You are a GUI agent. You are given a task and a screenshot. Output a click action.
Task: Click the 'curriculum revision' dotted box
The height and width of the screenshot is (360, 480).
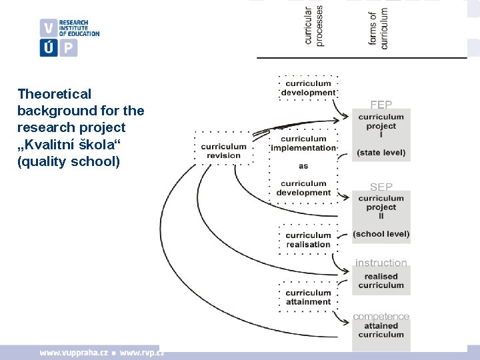pyautogui.click(x=224, y=151)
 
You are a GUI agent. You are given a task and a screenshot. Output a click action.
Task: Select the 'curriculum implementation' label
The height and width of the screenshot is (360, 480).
pyautogui.click(x=303, y=143)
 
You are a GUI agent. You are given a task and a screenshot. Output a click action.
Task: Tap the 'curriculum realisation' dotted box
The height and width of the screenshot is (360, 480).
pyautogui.click(x=308, y=239)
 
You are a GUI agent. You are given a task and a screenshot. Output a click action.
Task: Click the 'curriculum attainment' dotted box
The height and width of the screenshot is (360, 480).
pyautogui.click(x=308, y=297)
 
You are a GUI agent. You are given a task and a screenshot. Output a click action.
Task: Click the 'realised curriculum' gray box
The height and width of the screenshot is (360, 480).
pyautogui.click(x=381, y=281)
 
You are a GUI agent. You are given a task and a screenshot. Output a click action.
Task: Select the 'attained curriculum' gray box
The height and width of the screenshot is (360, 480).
pyautogui.click(x=381, y=330)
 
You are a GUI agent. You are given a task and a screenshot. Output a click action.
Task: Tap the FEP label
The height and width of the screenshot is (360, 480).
pyautogui.click(x=381, y=105)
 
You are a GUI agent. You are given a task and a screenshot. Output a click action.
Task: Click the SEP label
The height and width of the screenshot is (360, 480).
pyautogui.click(x=381, y=187)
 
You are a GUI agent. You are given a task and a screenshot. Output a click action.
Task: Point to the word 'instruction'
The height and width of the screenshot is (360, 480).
pyautogui.click(x=381, y=263)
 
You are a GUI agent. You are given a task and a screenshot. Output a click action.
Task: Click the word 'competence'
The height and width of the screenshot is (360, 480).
pyautogui.click(x=381, y=316)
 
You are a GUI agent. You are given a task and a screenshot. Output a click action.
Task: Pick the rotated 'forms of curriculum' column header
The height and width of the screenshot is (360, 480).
pyautogui.click(x=378, y=27)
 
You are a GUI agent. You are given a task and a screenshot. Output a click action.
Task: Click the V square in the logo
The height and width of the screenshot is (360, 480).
pyautogui.click(x=49, y=28)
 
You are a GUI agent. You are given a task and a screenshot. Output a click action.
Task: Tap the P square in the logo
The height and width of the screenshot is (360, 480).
pyautogui.click(x=69, y=48)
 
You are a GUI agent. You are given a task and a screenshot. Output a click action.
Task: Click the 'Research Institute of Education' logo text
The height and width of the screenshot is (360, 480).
pyautogui.click(x=79, y=28)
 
